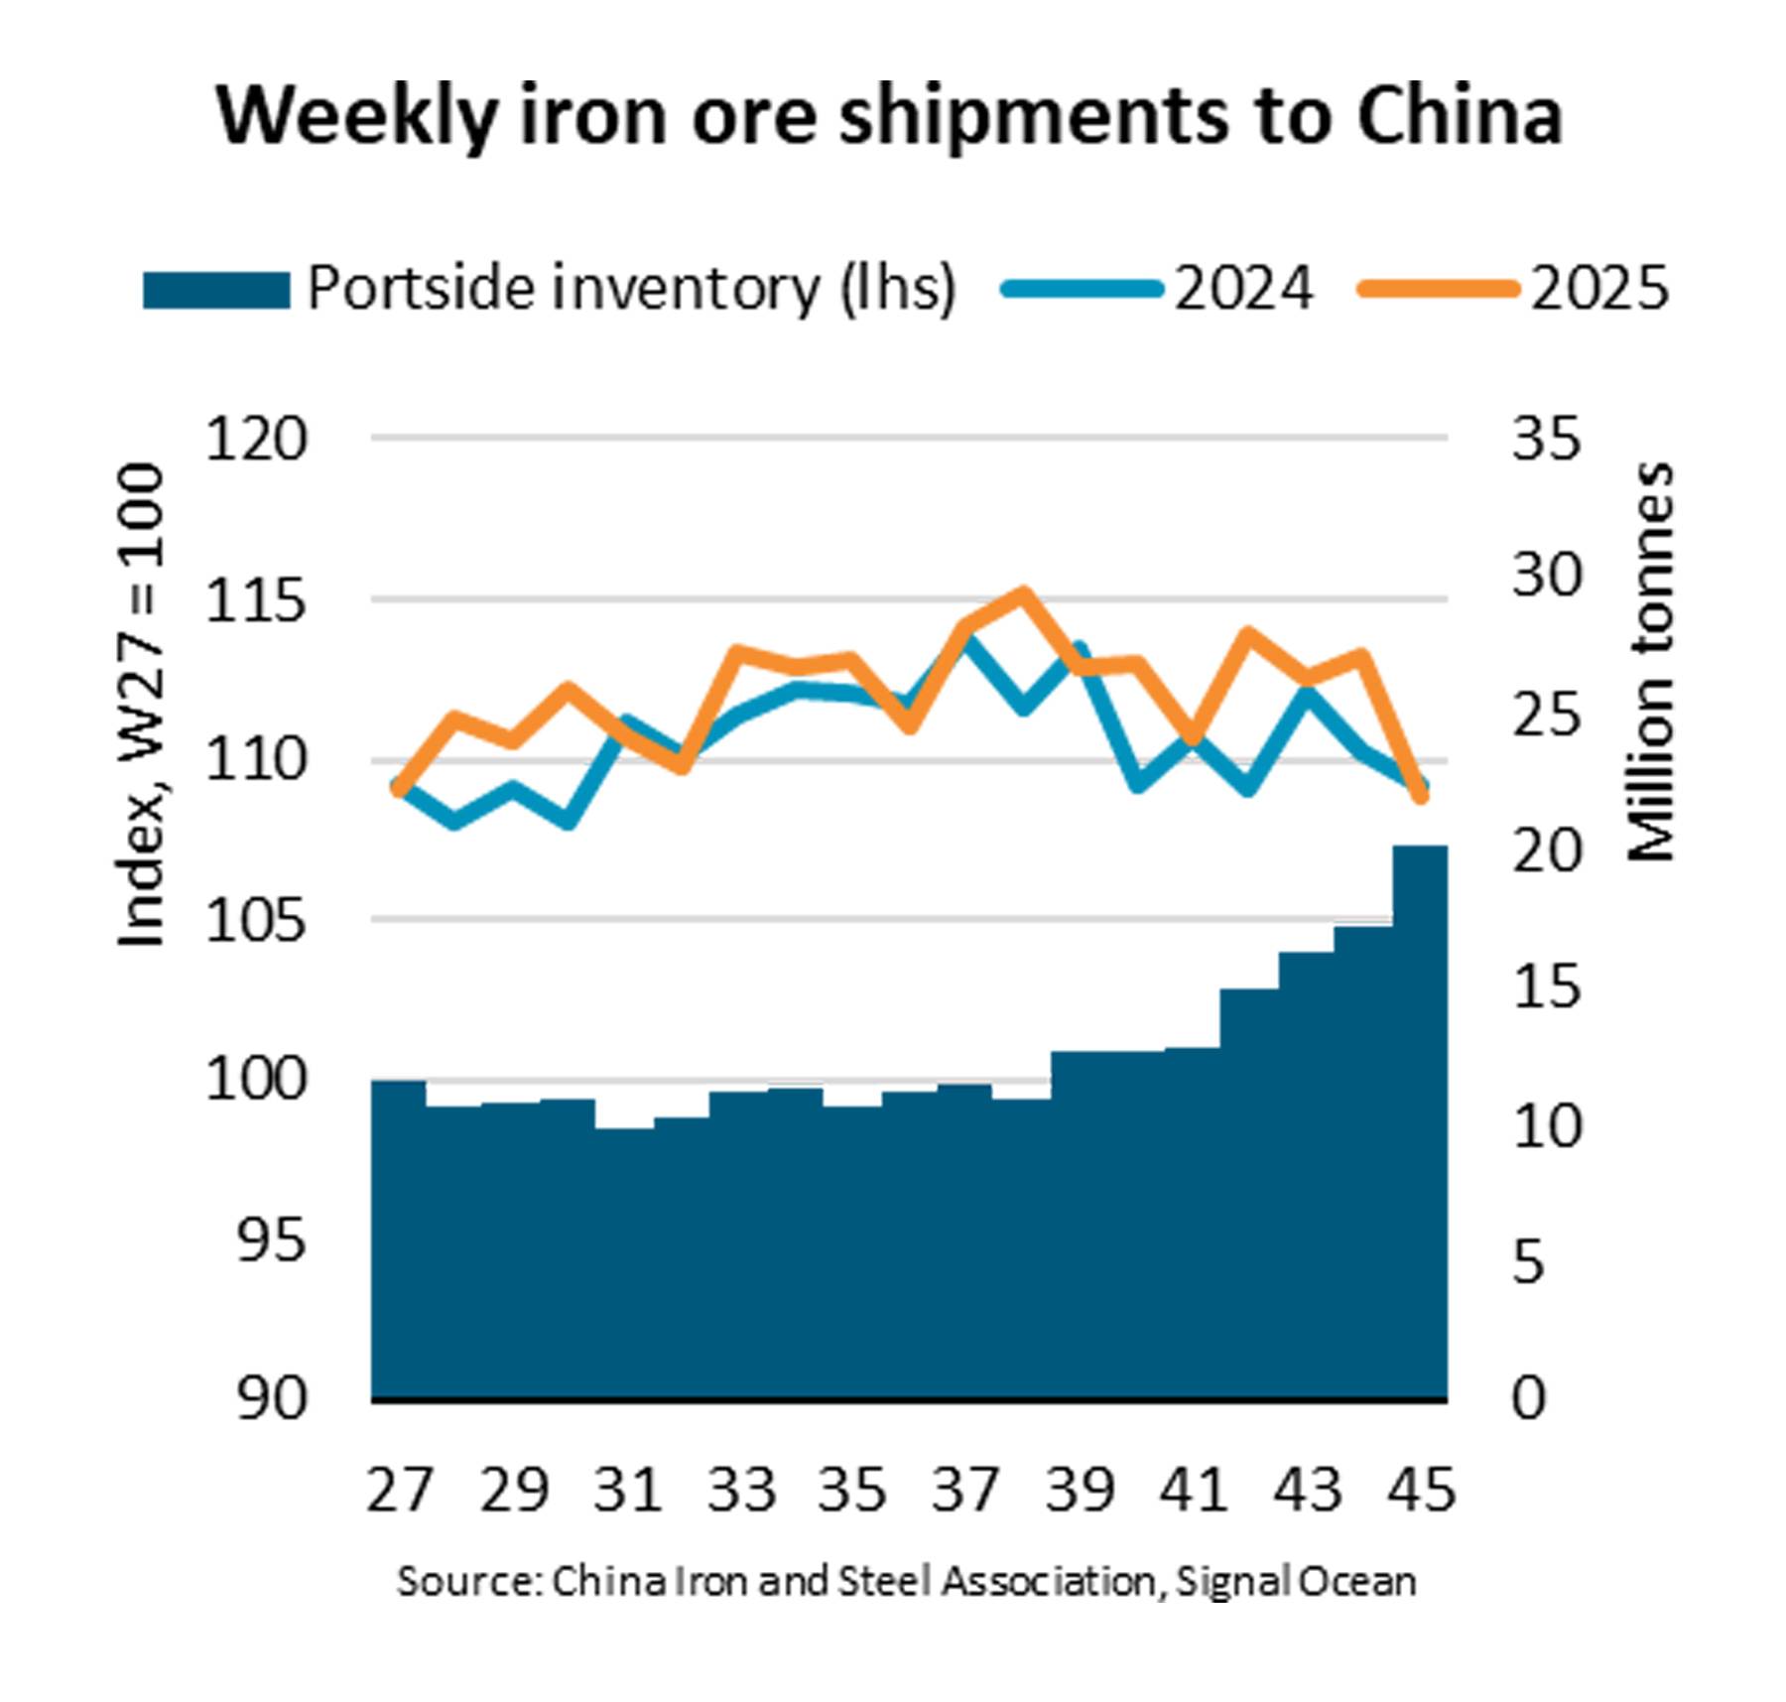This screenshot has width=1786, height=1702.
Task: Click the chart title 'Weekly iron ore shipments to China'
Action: (x=889, y=117)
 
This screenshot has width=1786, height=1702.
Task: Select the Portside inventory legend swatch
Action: (x=216, y=290)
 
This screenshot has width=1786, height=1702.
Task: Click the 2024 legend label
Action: (x=1243, y=290)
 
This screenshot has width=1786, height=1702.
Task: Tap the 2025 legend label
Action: (x=1599, y=290)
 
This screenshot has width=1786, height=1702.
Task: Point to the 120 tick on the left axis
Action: (x=256, y=439)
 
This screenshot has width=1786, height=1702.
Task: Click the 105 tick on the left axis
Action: (x=256, y=921)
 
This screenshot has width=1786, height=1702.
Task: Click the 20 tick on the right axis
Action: (x=1546, y=851)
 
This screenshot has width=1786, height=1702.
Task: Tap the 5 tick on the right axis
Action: (x=1530, y=1262)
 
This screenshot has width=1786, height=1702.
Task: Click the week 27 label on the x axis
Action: (x=400, y=1489)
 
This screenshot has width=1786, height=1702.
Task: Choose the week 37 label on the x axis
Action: (x=965, y=1489)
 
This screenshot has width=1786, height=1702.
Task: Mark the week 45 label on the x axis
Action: (x=1421, y=1489)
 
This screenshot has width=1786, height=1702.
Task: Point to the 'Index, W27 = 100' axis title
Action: (x=140, y=705)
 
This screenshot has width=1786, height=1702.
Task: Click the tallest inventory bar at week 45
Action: (x=1420, y=1121)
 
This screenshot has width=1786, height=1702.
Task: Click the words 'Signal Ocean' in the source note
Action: (x=1296, y=1581)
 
